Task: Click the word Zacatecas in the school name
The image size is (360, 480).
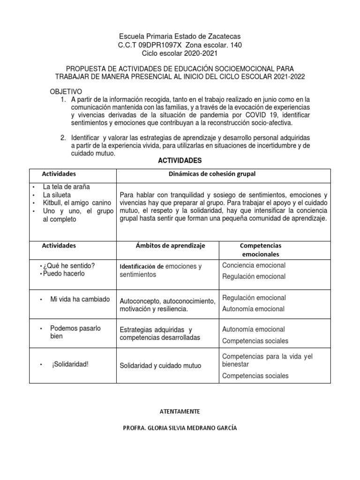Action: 225,37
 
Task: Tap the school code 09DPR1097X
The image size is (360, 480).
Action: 162,45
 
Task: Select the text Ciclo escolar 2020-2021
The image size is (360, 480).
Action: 180,53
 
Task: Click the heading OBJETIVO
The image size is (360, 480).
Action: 66,91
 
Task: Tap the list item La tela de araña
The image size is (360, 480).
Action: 66,187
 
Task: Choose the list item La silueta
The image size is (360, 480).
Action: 59,195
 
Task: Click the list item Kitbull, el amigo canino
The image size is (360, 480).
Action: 77,202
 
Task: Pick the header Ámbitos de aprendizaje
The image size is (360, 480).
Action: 170,246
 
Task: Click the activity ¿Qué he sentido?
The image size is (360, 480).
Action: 69,266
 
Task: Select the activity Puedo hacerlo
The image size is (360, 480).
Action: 64,274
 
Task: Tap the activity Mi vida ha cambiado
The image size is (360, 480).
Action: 80,299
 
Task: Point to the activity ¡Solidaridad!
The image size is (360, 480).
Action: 70,365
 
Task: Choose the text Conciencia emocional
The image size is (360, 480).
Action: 254,265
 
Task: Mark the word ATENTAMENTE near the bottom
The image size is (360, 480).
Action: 180,411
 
